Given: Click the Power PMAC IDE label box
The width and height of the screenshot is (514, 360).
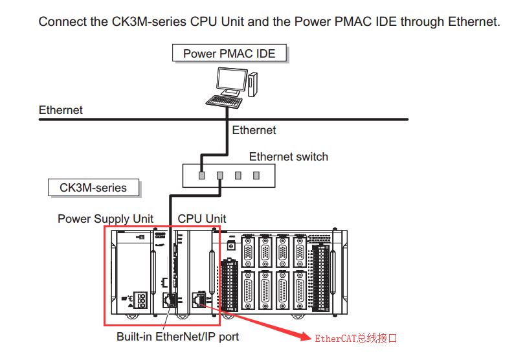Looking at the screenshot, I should (229, 53).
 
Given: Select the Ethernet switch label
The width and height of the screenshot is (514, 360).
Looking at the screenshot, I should (288, 157).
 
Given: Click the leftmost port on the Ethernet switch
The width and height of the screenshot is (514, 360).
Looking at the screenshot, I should (202, 175).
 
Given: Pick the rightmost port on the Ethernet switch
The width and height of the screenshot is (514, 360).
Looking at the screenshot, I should (256, 175).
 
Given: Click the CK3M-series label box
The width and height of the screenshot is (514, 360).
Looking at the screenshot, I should (93, 188).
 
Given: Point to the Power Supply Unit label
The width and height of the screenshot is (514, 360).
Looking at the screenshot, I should (106, 219).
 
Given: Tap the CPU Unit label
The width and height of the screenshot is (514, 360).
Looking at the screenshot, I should (202, 219).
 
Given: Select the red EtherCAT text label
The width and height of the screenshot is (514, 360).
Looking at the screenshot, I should (355, 338).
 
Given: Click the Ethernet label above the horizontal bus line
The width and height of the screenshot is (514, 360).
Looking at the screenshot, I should (61, 110).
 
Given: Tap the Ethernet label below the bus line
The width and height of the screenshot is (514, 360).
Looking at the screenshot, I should (254, 130).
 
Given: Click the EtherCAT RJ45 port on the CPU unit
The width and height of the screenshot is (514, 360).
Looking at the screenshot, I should (198, 298).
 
